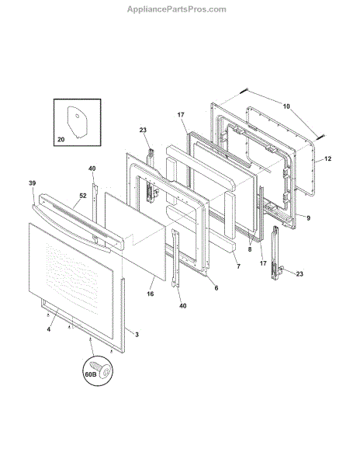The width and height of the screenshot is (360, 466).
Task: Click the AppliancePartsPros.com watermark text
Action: (x=177, y=9)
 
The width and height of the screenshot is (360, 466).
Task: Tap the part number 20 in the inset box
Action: (x=61, y=139)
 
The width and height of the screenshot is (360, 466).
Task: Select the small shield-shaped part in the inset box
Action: (x=77, y=122)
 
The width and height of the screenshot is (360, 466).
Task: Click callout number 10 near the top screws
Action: (x=286, y=106)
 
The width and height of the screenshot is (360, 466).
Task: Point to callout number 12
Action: (x=327, y=158)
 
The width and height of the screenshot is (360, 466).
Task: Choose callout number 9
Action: (x=308, y=218)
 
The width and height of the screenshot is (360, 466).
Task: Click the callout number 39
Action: (x=32, y=183)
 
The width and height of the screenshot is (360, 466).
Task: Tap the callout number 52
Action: (x=83, y=196)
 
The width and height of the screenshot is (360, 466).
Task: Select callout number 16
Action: (x=151, y=294)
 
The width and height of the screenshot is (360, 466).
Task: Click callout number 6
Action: (x=216, y=287)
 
